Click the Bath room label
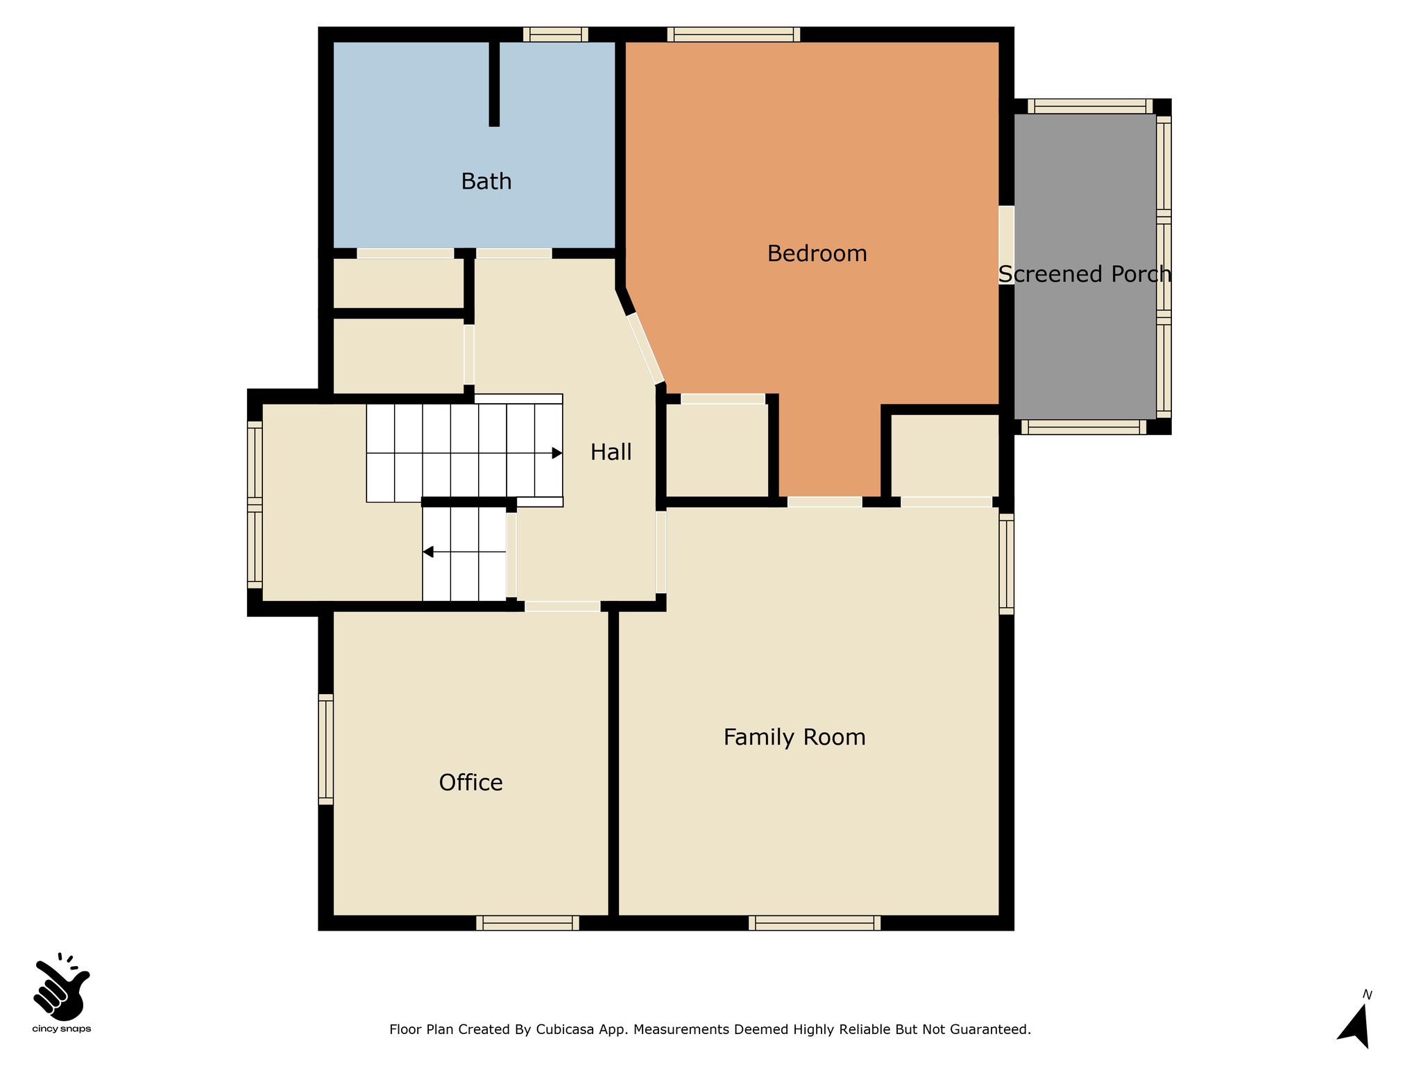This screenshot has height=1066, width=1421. click(x=486, y=181)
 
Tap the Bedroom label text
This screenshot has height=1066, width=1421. click(x=817, y=253)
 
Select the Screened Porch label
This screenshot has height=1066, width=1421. click(x=1084, y=274)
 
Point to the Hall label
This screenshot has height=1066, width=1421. click(x=611, y=452)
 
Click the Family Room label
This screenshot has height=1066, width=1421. click(x=794, y=737)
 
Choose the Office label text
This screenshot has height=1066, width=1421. click(x=470, y=782)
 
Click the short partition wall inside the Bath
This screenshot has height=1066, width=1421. click(x=494, y=84)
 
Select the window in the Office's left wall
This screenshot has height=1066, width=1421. click(x=326, y=750)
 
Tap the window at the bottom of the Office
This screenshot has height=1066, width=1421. click(x=527, y=923)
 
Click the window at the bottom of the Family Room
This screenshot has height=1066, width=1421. click(x=815, y=923)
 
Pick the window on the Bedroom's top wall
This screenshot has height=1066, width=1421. click(x=733, y=35)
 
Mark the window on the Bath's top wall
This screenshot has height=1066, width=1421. click(x=556, y=35)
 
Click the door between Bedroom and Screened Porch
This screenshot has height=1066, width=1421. click(x=1006, y=245)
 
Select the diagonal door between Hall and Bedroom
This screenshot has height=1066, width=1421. click(x=645, y=348)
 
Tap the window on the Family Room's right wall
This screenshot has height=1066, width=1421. click(x=1006, y=564)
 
